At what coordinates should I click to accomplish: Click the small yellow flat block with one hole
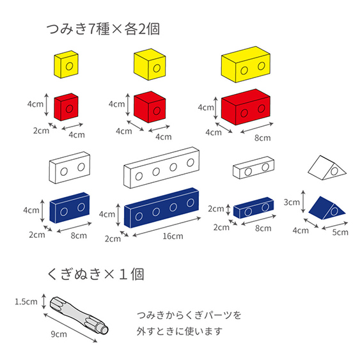(x=66, y=65)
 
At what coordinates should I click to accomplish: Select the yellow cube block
(x=150, y=65)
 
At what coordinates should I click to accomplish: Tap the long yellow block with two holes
(x=246, y=65)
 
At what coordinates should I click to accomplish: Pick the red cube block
(x=150, y=107)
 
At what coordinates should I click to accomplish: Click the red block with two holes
(x=246, y=107)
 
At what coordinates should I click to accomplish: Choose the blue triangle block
(x=327, y=208)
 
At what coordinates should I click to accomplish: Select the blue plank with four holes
(x=161, y=208)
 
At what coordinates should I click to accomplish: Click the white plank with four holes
(x=161, y=168)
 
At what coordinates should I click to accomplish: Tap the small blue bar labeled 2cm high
(x=253, y=208)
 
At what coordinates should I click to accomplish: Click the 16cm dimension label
(x=173, y=236)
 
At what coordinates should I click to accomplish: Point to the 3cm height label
(x=292, y=202)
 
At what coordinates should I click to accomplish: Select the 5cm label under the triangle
(x=340, y=232)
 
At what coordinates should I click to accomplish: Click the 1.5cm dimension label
(x=26, y=301)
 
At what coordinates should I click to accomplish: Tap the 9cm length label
(x=59, y=334)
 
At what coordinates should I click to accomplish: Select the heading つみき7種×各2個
(x=103, y=29)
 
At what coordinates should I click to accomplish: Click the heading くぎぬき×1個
(x=96, y=274)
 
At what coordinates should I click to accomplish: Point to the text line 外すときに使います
(x=180, y=331)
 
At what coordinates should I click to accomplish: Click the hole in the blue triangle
(x=334, y=211)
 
